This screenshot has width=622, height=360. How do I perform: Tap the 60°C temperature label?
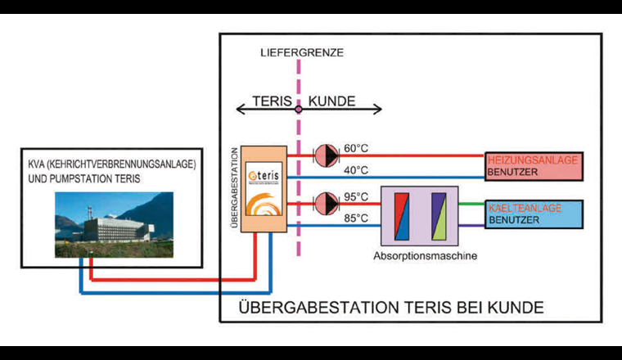tap(356, 148)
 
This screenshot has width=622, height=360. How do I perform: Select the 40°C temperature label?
tap(356, 170)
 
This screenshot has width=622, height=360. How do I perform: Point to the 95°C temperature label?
tap(356, 196)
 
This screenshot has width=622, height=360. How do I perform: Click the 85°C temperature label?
tap(356, 218)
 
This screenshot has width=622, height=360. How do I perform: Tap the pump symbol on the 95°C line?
tap(327, 201)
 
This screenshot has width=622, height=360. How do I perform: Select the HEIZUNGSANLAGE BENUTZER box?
tap(533, 166)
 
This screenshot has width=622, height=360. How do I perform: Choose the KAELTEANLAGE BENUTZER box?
tap(533, 214)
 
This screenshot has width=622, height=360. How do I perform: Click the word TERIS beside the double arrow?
tap(268, 102)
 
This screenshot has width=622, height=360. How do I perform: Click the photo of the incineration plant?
tap(114, 219)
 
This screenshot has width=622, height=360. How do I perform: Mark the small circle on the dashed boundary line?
tap(299, 107)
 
